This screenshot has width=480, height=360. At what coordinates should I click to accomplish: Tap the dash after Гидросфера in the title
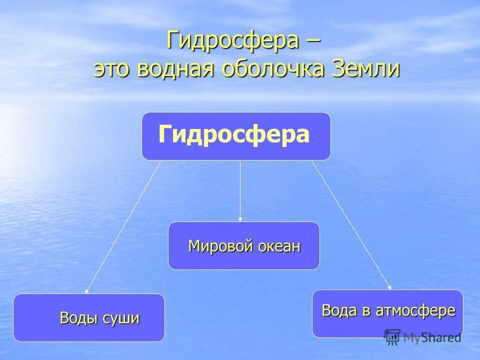click(310, 41)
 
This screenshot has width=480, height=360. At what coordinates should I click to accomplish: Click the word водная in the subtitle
click(174, 69)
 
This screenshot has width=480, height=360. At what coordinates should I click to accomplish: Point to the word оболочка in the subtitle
click(271, 69)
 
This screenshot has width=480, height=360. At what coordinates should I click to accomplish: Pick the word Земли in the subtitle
click(365, 69)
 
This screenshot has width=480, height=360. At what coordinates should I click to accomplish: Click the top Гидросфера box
click(236, 136)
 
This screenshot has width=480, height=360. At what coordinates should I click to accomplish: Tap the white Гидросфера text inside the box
click(234, 135)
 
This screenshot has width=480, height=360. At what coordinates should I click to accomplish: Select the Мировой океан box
click(243, 245)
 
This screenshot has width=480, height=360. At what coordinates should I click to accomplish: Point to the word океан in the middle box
click(279, 246)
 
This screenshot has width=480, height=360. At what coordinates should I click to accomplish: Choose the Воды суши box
click(89, 317)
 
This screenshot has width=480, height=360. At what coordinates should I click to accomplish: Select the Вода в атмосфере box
click(387, 313)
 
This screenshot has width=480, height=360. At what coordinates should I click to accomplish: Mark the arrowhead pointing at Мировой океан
click(240, 219)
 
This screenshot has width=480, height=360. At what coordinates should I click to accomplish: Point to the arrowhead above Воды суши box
click(86, 290)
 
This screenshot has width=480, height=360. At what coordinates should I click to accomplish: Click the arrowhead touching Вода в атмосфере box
click(389, 287)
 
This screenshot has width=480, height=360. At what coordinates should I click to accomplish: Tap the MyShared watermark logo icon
click(392, 336)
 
